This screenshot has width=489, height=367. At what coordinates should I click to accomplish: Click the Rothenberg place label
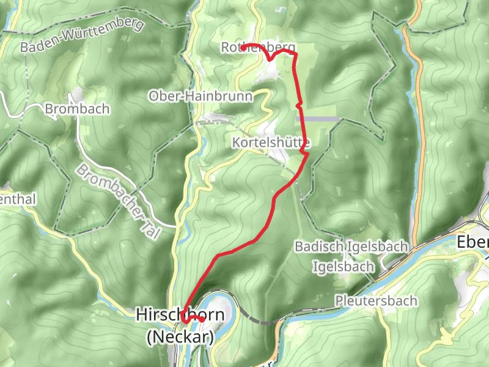pyautogui.click(x=259, y=47)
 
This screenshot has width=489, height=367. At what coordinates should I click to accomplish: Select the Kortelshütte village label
pyautogui.click(x=271, y=143)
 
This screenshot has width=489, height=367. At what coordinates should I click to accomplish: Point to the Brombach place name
pyautogui.click(x=78, y=109)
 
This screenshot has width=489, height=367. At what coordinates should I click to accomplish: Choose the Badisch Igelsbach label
pyautogui.click(x=351, y=247)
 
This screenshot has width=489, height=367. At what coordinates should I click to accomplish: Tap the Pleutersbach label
pyautogui.click(x=376, y=300)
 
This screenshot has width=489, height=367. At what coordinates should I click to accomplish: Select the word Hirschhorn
pyautogui.click(x=179, y=315)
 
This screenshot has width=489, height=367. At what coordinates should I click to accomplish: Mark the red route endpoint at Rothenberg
pyautogui.click(x=243, y=47)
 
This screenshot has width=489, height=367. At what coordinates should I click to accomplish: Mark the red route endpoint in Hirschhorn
pyautogui.click(x=202, y=319)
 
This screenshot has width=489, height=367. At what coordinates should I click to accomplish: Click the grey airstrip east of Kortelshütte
pyautogui.click(x=317, y=119)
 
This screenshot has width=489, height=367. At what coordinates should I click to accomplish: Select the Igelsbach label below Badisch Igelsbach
pyautogui.click(x=343, y=267)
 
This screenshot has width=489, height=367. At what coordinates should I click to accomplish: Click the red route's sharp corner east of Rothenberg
pyautogui.click(x=295, y=54)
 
